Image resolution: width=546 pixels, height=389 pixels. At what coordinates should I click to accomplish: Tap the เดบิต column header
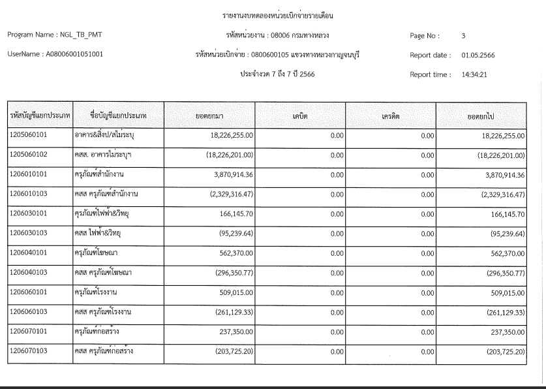[300, 116]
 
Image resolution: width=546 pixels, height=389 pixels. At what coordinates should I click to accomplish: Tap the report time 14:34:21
[475, 74]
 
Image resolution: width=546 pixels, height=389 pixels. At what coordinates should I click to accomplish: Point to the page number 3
[463, 35]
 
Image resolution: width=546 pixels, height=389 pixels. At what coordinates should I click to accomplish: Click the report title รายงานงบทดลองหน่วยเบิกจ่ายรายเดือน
[273, 14]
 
